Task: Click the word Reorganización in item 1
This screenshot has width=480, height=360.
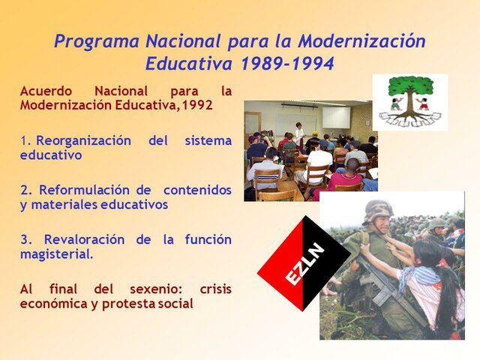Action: click(82, 141)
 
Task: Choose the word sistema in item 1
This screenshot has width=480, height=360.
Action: click(207, 141)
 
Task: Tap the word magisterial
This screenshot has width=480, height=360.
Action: click(57, 254)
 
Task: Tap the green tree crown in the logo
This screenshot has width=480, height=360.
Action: click(410, 85)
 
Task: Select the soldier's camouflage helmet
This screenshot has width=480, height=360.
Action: click(378, 209)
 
